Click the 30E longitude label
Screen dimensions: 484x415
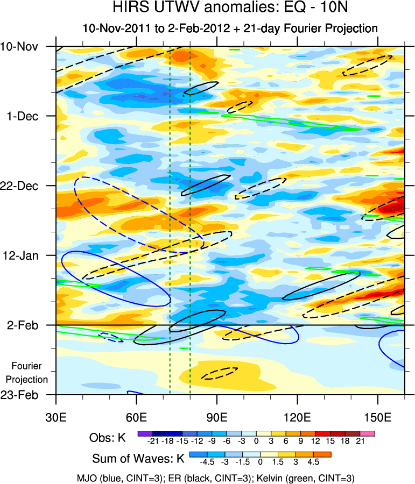(56, 417)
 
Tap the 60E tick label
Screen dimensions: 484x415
(137, 417)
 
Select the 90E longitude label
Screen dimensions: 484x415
(217, 417)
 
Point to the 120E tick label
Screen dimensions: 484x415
(298, 417)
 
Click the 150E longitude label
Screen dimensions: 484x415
(378, 417)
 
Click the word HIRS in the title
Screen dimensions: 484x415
(129, 8)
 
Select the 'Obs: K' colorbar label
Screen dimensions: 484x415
(107, 437)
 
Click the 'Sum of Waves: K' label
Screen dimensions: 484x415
(138, 459)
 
